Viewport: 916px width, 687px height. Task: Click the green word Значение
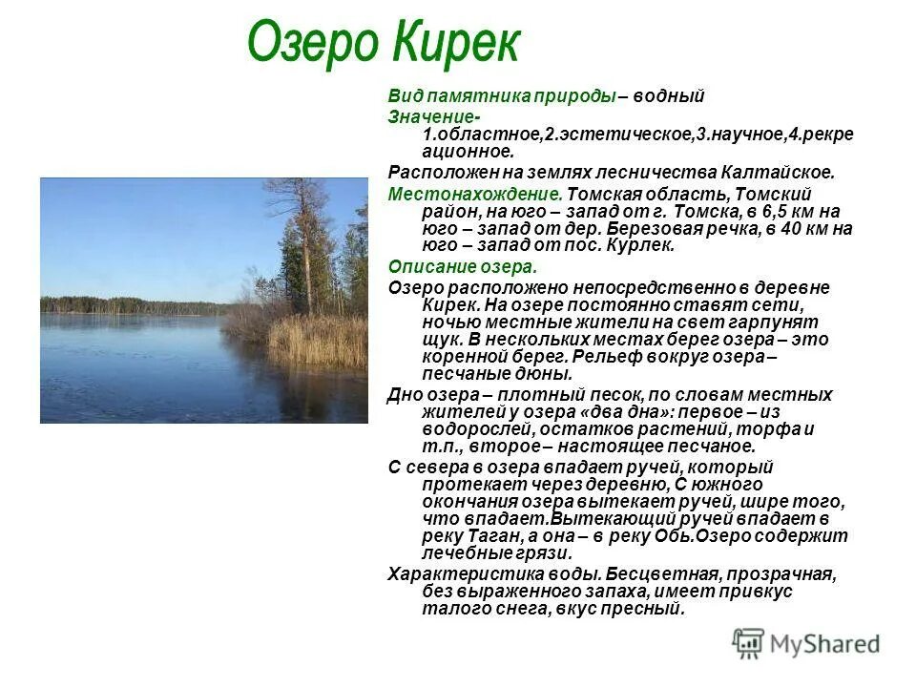point(425,116)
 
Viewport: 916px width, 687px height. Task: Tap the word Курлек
point(645,245)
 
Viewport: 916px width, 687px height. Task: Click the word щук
point(439,340)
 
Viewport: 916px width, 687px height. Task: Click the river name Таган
point(492,536)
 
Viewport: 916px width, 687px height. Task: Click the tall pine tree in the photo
point(306,239)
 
